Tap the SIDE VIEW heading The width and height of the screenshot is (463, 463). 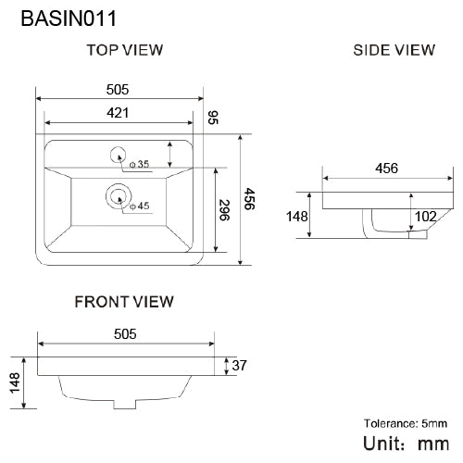coord(394,50)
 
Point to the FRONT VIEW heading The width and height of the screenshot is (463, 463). coord(124,301)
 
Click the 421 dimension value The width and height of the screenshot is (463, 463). coord(118,112)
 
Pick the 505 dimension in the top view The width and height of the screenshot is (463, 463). coord(118,90)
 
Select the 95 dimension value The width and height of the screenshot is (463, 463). coord(213,117)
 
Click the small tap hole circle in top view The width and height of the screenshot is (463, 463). coord(119,154)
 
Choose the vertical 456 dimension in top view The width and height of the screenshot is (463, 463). coord(248,199)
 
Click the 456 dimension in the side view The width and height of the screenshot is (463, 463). coord(386,169)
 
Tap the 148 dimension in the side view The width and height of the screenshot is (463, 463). coord(295,216)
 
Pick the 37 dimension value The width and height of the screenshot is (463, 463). coord(239,367)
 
